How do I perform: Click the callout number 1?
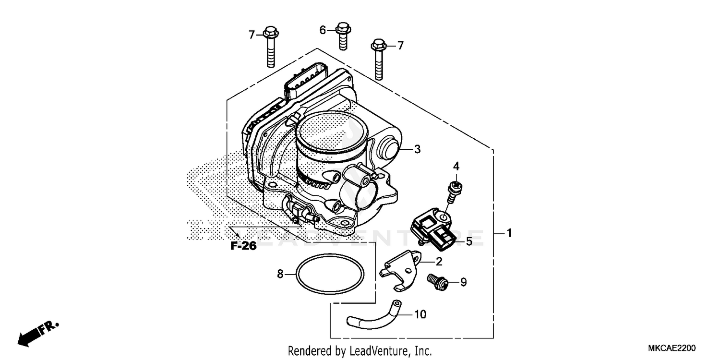pyautogui.click(x=509, y=233)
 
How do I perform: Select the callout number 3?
pyautogui.click(x=417, y=149)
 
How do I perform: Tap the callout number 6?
pyautogui.click(x=323, y=30)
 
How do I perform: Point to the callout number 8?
pyautogui.click(x=280, y=274)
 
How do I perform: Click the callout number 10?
pyautogui.click(x=420, y=314)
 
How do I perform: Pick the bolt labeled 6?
pyautogui.click(x=343, y=36)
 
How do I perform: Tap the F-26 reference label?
pyautogui.click(x=243, y=246)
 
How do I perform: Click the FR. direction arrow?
pyautogui.click(x=38, y=333)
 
